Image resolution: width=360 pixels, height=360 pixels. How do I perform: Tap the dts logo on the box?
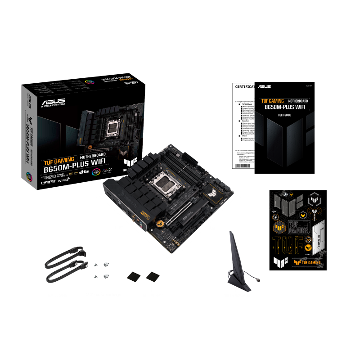tap(84, 171)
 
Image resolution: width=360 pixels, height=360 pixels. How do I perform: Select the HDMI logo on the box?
tap(48, 182)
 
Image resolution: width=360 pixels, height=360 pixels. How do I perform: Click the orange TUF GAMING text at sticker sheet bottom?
tap(311, 262)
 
